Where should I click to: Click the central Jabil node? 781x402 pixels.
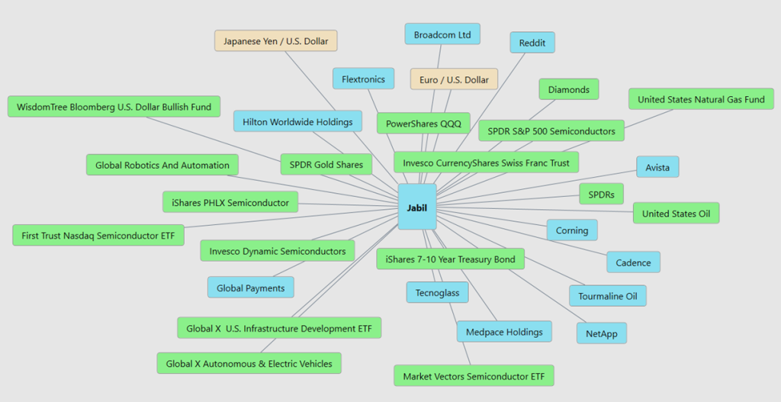coord(417,207)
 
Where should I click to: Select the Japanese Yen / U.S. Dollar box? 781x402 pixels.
coord(275,41)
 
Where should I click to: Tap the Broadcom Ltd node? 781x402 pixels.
coord(442,34)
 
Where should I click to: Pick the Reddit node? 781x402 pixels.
coord(532,43)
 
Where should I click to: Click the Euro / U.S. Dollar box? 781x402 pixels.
coord(454,79)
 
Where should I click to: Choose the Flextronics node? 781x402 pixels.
coord(363,79)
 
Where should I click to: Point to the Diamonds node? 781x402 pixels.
coord(568,89)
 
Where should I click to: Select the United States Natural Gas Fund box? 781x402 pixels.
coord(700,99)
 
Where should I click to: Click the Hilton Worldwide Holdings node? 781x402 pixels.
coord(297,121)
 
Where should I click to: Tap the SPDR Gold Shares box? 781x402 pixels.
coord(326,164)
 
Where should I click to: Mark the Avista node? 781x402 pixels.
coord(657,166)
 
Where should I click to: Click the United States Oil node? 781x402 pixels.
coord(675,213)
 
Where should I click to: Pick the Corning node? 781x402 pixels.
coord(571,230)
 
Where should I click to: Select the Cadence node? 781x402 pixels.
coord(633,262)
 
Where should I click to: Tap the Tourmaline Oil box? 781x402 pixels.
coord(607,296)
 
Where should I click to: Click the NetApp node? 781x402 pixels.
coord(601,333)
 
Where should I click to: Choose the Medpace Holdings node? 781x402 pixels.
coord(503,332)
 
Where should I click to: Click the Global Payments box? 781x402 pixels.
coord(250,288)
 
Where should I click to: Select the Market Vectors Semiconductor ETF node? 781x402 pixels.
coord(473,376)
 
